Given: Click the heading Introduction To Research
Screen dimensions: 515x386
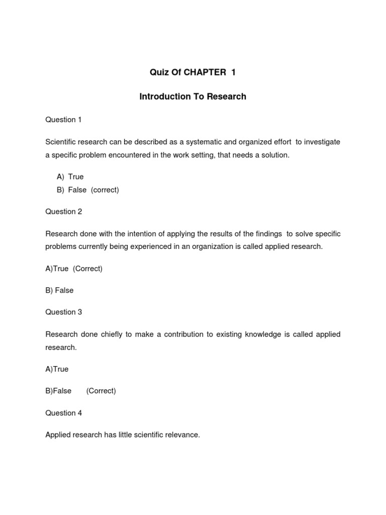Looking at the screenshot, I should (x=193, y=97).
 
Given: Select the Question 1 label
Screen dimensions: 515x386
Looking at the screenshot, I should (x=63, y=120).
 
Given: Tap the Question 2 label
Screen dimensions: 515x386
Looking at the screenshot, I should (x=63, y=212).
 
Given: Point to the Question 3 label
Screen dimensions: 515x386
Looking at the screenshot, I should (x=63, y=312).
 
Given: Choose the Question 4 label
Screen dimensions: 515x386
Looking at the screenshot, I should (x=63, y=413).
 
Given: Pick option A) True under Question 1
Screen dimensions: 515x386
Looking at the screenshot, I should (x=70, y=177).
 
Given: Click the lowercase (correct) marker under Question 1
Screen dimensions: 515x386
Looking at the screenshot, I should (x=105, y=190).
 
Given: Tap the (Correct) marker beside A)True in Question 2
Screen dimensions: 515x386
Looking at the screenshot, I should (x=87, y=269).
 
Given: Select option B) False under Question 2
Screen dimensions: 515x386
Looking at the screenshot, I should (x=59, y=290).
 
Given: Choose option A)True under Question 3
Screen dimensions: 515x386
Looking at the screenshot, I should (x=57, y=369).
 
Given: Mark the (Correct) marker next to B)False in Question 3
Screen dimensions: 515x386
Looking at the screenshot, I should (x=101, y=391).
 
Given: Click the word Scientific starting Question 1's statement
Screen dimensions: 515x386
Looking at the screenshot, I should (x=62, y=142).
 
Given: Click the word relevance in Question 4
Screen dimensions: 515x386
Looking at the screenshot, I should (x=181, y=435).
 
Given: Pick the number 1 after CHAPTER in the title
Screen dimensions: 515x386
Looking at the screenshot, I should (x=233, y=72).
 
